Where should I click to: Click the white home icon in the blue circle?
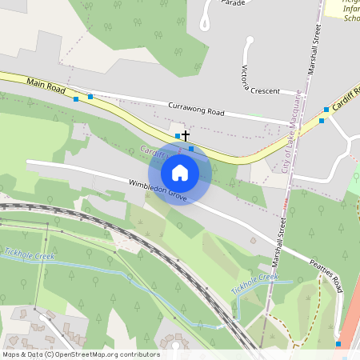[x=180, y=172]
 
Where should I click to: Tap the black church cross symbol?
[x=186, y=136]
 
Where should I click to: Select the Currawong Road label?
[x=197, y=106]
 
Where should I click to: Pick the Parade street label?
[x=232, y=3]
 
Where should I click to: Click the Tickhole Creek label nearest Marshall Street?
[x=254, y=282]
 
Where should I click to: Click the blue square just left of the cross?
[x=178, y=136]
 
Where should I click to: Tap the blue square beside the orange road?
[x=338, y=344]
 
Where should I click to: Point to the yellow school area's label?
[x=350, y=12]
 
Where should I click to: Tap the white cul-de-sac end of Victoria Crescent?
[x=249, y=42]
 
